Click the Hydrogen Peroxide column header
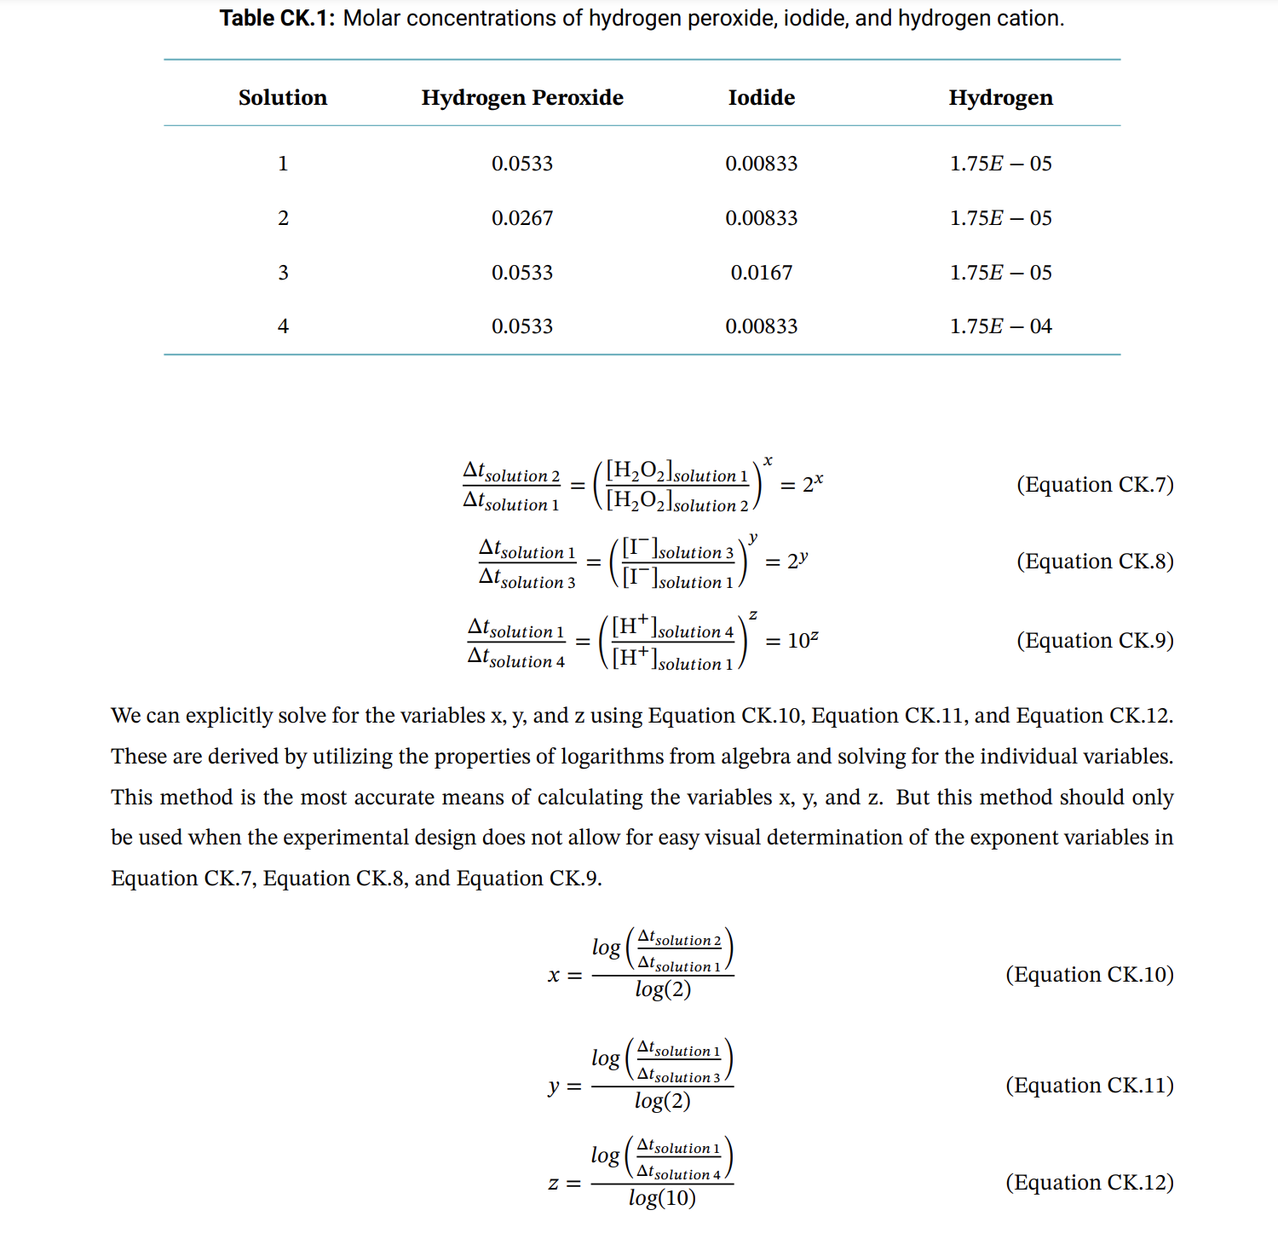tap(522, 98)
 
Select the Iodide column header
tap(761, 98)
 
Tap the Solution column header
tap(282, 98)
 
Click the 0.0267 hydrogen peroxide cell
tap(522, 218)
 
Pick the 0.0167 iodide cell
tap(761, 273)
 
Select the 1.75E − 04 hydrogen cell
tap(1000, 326)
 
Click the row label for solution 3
tap(283, 273)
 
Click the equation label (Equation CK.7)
tap(1095, 485)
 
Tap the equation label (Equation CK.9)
tap(1095, 641)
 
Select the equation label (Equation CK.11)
tap(1089, 1086)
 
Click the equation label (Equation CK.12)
tap(1089, 1183)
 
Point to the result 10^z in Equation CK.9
tap(803, 640)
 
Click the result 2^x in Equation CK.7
tap(813, 484)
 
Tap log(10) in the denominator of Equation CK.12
tap(662, 1198)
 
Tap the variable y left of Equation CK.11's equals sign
tap(554, 1086)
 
